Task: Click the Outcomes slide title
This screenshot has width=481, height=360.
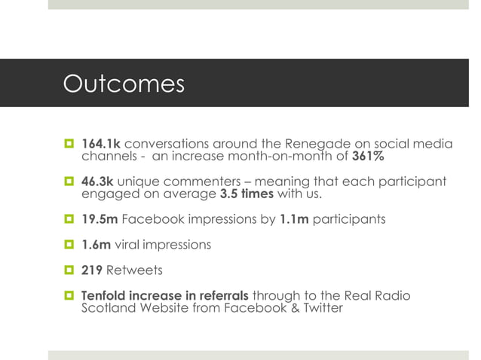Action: pos(124,84)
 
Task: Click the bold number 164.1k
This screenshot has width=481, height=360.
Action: pos(100,144)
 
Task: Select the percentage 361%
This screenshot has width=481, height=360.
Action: pos(369,157)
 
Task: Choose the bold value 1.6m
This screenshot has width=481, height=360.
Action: pos(96,246)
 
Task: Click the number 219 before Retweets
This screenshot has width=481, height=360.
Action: pos(93,270)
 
